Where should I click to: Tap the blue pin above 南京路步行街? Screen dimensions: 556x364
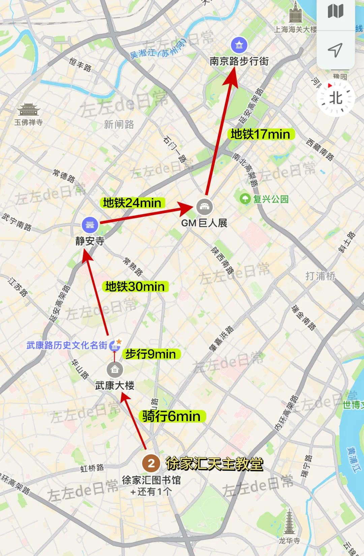pyautogui.click(x=239, y=45)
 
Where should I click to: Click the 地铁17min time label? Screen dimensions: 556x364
pyautogui.click(x=260, y=134)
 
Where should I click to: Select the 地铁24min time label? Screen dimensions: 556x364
pyautogui.click(x=132, y=203)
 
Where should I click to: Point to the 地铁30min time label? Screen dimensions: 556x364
pyautogui.click(x=135, y=287)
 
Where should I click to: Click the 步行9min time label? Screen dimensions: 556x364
pyautogui.click(x=151, y=354)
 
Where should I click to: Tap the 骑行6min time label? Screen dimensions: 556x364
pyautogui.click(x=171, y=416)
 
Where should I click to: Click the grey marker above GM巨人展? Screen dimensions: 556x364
pyautogui.click(x=204, y=207)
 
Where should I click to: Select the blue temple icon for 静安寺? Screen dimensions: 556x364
pyautogui.click(x=90, y=225)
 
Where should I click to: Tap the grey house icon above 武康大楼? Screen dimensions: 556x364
pyautogui.click(x=115, y=370)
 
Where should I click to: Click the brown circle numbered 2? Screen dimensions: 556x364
pyautogui.click(x=151, y=463)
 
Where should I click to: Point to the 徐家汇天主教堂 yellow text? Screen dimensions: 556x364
pyautogui.click(x=214, y=464)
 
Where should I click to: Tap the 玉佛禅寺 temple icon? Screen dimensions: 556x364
pyautogui.click(x=29, y=109)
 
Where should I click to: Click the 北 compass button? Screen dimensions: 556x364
pyautogui.click(x=335, y=99)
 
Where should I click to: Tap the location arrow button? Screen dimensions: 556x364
pyautogui.click(x=335, y=50)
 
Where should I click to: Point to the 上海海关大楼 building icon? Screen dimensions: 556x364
pyautogui.click(x=296, y=12)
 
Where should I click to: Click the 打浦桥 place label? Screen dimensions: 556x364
pyautogui.click(x=320, y=276)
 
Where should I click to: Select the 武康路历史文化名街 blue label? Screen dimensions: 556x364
pyautogui.click(x=67, y=345)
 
